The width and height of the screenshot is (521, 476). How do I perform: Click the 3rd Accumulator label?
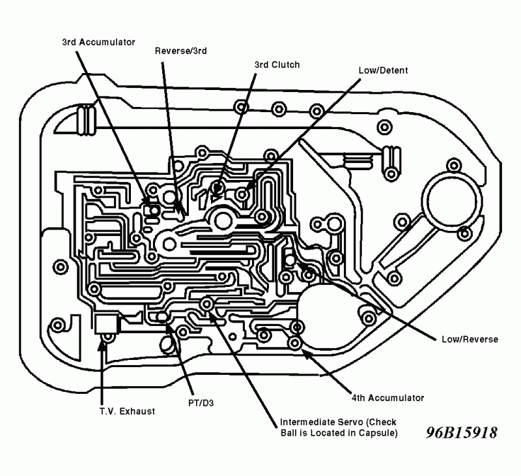pyautogui.click(x=98, y=42)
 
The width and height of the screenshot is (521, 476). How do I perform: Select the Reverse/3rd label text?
pyautogui.click(x=181, y=50)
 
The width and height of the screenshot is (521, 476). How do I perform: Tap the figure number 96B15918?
pyautogui.click(x=462, y=433)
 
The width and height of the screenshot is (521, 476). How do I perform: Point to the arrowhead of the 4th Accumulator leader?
pyautogui.click(x=302, y=352)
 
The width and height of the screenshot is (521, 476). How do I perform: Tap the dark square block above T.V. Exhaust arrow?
pyautogui.click(x=105, y=324)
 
